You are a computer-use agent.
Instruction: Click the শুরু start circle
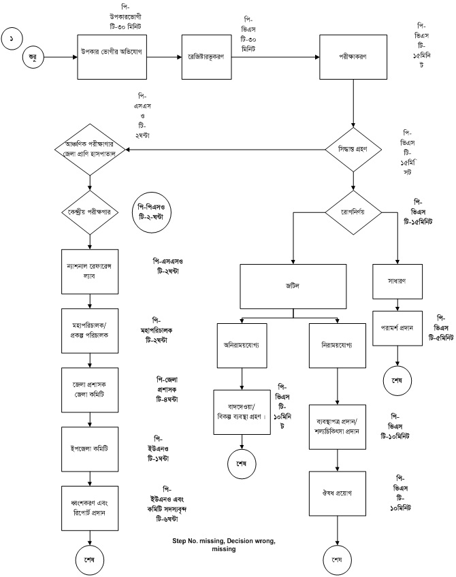32,58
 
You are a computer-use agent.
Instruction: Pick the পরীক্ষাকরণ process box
353,58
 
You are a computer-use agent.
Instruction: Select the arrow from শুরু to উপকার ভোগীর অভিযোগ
58,58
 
